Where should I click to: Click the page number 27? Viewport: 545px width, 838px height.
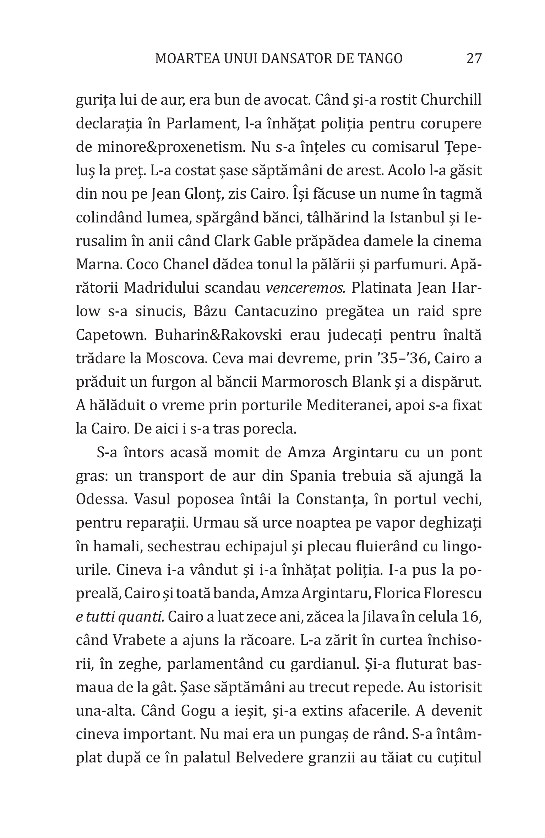click(474, 59)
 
